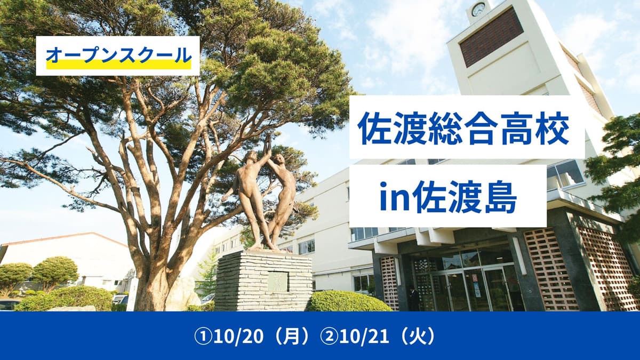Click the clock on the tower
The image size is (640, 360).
[478, 10]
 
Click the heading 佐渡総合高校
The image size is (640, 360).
[463, 127]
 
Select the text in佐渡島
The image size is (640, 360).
[448, 196]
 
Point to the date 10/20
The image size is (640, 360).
[238, 337]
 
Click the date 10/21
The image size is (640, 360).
[364, 337]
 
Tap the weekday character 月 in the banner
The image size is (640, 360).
[291, 337]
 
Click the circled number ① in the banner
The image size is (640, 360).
[203, 337]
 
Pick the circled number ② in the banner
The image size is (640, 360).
[330, 337]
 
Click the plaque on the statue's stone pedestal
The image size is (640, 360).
[278, 282]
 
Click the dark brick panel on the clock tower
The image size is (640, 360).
[491, 37]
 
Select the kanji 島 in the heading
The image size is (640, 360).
[500, 196]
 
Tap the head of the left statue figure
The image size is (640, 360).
[251, 157]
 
